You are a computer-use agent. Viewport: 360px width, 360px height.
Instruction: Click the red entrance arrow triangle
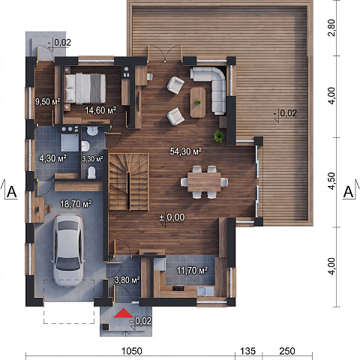[124, 313]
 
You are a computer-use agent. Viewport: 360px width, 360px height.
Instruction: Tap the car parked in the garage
[68, 250]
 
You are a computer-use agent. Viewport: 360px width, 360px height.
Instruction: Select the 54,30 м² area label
[186, 151]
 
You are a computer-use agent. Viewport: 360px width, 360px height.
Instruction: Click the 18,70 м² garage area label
[76, 204]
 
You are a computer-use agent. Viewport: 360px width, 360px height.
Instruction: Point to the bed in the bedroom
[85, 88]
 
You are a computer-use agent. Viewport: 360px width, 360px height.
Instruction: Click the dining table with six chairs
[204, 181]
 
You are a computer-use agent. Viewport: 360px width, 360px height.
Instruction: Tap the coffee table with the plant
[198, 102]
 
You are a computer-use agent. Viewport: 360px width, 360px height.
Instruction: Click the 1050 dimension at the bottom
[131, 351]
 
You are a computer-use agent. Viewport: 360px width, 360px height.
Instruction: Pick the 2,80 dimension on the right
[331, 28]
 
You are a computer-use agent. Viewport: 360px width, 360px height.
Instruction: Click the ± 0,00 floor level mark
[172, 217]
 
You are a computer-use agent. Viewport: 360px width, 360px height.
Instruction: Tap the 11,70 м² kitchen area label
[192, 270]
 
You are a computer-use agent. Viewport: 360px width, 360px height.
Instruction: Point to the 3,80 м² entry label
[127, 280]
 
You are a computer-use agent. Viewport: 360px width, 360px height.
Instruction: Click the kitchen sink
[205, 291]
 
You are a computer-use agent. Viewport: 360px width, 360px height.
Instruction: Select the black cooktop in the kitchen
[178, 289]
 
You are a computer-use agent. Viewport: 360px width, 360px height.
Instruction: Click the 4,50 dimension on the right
[331, 181]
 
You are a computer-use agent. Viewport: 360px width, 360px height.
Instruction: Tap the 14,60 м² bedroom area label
[100, 110]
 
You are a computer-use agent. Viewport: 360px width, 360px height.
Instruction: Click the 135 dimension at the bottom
[248, 351]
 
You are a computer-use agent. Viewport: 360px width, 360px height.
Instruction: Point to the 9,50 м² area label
[47, 101]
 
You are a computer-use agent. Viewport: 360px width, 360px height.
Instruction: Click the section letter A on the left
[12, 192]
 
